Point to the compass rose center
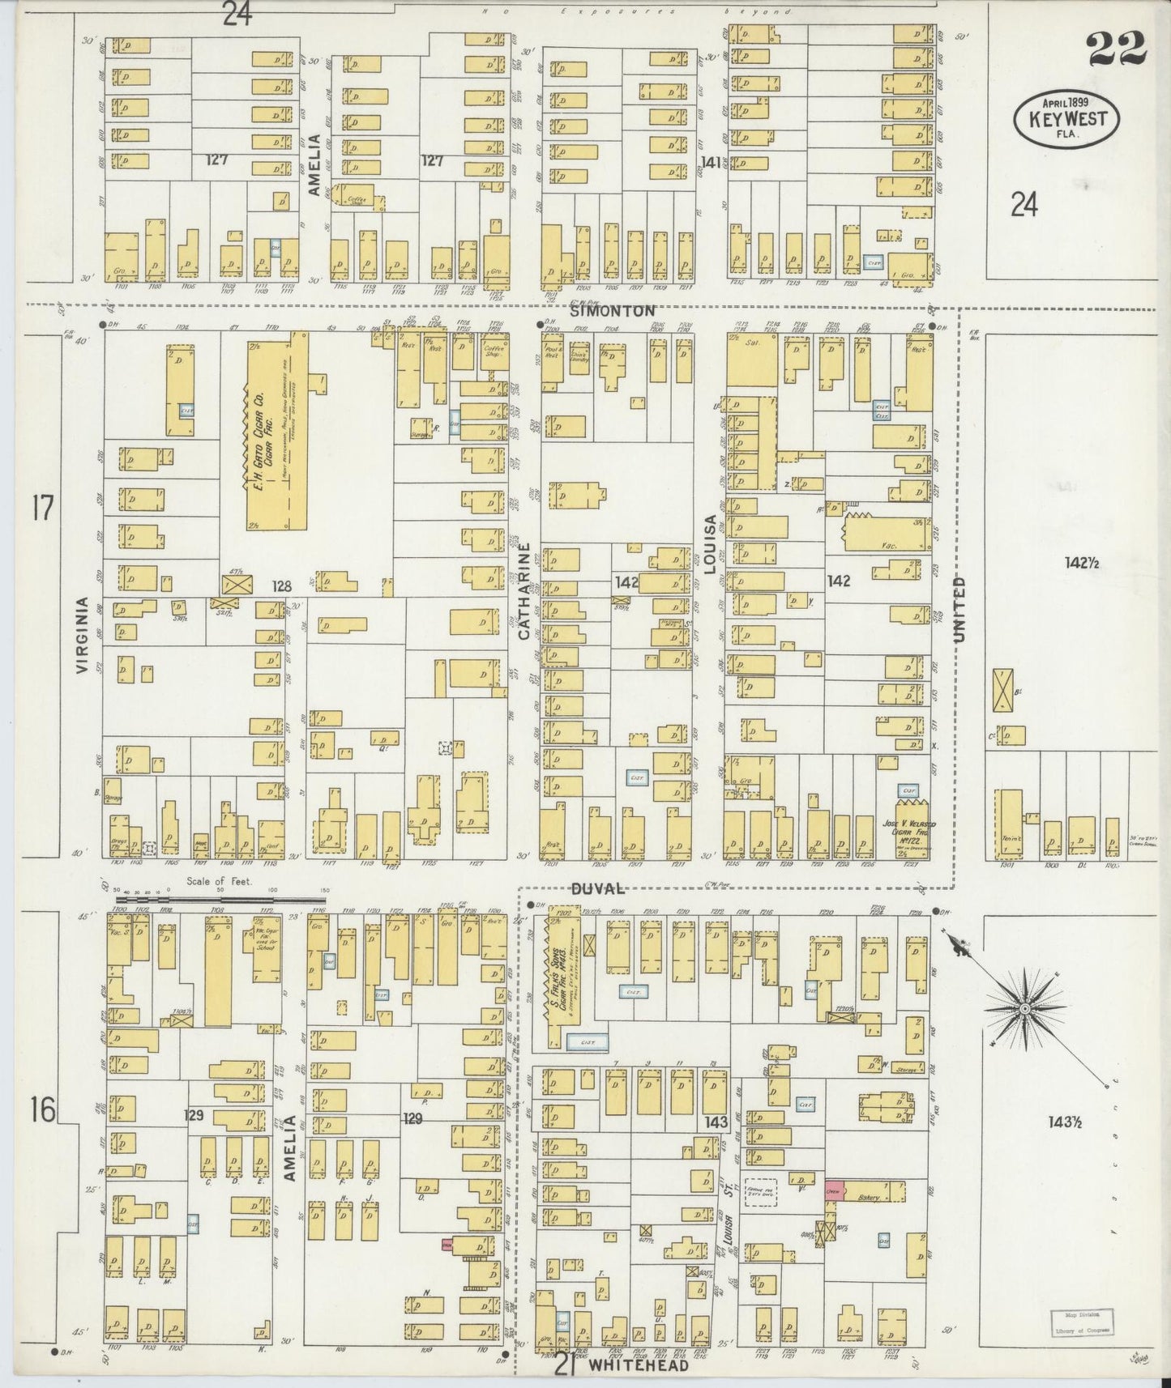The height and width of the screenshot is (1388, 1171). click(1024, 1007)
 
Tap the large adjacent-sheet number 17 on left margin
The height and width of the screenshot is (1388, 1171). click(43, 509)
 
